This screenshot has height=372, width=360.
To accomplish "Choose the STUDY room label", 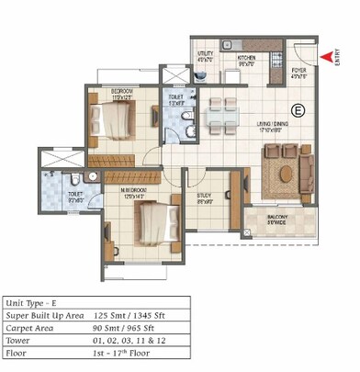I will tap(206, 197).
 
